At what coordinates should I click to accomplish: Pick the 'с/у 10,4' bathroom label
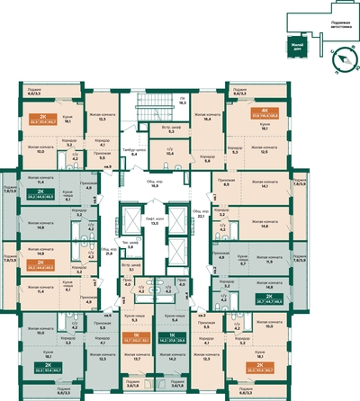(170, 154)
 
